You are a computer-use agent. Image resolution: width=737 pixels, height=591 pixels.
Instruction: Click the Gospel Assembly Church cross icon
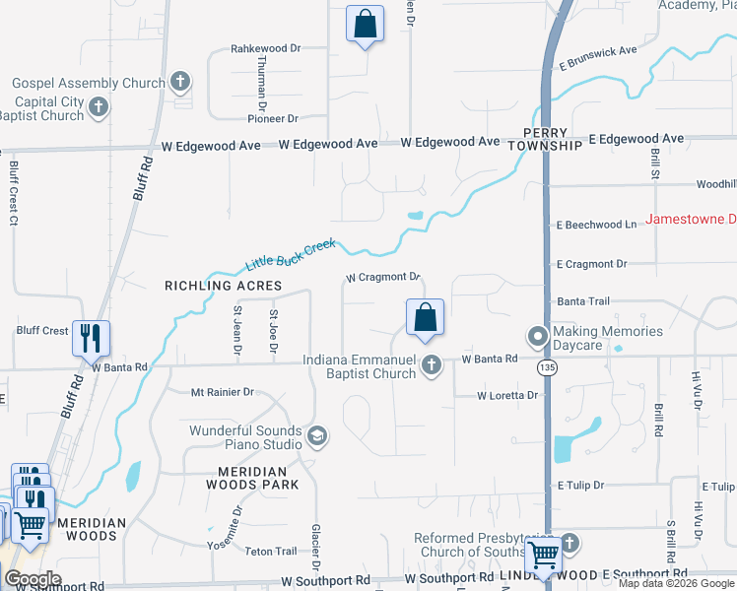click(x=179, y=82)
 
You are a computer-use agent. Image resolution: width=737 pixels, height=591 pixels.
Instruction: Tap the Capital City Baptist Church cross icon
click(x=98, y=107)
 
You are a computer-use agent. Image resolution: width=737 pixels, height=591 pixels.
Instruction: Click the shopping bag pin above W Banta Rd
click(x=426, y=318)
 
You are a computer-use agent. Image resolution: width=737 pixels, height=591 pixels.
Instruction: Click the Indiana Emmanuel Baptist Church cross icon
click(x=431, y=366)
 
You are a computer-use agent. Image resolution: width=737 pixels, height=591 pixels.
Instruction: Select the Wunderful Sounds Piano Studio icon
click(x=316, y=435)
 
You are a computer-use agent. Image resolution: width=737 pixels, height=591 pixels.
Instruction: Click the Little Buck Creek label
click(x=291, y=255)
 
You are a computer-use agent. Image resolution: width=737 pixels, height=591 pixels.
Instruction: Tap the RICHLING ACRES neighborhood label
click(x=223, y=286)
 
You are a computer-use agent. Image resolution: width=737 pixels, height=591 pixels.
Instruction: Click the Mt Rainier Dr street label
click(x=222, y=392)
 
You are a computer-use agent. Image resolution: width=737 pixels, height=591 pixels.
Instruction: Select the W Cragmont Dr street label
click(x=383, y=278)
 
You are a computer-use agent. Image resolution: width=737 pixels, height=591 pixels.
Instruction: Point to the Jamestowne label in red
click(x=691, y=219)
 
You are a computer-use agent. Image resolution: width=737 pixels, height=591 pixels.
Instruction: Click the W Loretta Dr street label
click(x=507, y=396)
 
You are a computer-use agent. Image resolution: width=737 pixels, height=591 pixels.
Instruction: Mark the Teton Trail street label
click(x=270, y=552)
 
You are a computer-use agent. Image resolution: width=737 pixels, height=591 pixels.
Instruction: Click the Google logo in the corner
click(x=33, y=580)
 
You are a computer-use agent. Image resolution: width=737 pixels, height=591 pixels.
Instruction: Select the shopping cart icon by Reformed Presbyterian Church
click(x=544, y=555)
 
